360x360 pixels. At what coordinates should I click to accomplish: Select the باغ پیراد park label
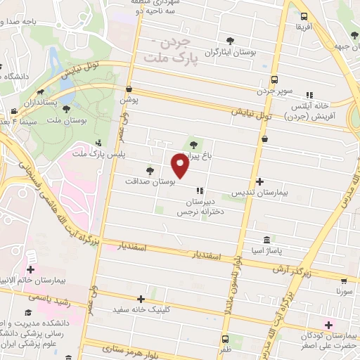198,156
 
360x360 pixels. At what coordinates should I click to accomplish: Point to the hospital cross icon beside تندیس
259,181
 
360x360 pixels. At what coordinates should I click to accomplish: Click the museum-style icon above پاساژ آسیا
265,239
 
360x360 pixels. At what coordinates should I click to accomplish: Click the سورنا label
344,290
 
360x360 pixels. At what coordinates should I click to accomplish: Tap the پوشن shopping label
129,101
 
